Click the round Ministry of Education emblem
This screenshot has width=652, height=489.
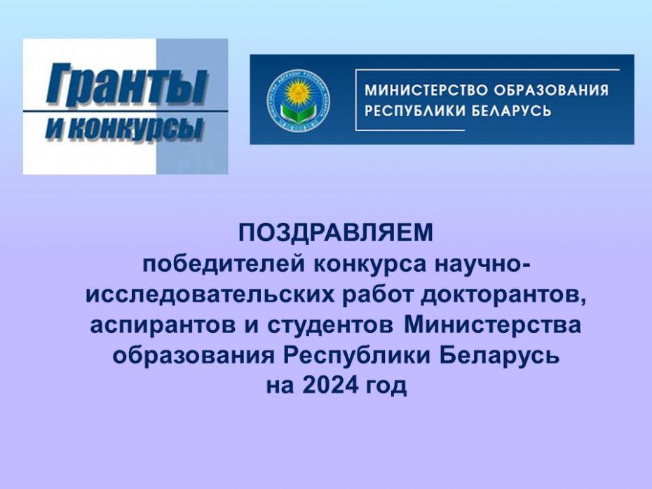click(299, 99)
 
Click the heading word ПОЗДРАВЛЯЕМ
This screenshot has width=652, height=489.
click(336, 233)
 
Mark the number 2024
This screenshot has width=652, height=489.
click(331, 385)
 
